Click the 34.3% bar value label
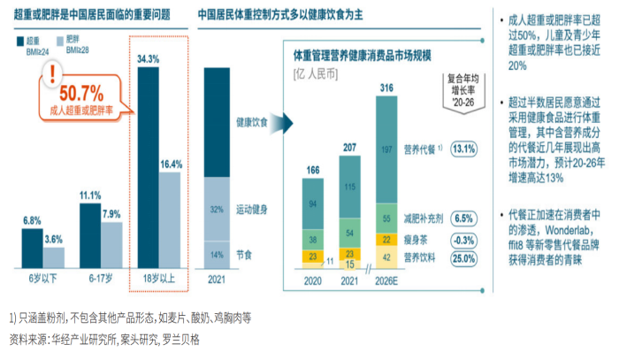(x=148, y=58)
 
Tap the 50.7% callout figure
(x=81, y=93)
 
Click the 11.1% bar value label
(x=90, y=195)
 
